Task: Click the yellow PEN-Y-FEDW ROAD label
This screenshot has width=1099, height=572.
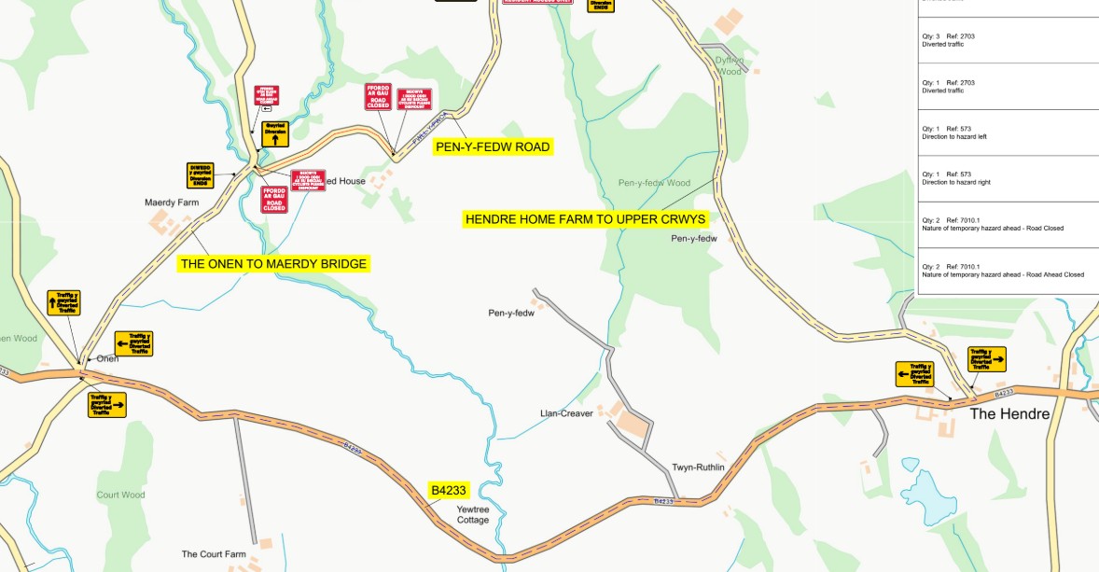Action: tap(493, 147)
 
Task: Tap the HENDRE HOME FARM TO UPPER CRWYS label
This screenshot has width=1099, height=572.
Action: tap(586, 218)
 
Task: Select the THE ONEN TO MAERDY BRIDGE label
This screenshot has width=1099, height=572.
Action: tap(273, 264)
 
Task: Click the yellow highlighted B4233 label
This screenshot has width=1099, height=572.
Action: tap(448, 490)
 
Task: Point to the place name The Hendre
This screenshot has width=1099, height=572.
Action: tap(1009, 413)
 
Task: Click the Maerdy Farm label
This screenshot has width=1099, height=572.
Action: tap(172, 202)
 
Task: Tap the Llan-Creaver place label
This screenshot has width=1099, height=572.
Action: tap(566, 413)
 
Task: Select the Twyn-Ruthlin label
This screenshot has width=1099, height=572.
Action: tap(698, 467)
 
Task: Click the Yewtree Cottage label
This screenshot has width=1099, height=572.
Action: tap(473, 514)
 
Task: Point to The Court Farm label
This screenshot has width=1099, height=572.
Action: tap(214, 554)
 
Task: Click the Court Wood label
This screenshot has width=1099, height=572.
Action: tap(120, 495)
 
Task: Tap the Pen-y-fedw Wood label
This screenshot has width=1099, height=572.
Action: tap(654, 183)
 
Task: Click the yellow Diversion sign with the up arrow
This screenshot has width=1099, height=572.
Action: tap(275, 133)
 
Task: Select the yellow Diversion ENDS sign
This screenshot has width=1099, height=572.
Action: tap(201, 174)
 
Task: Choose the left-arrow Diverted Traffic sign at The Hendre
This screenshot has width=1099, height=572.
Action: tap(914, 374)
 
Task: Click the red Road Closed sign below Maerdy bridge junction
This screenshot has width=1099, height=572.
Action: tap(274, 199)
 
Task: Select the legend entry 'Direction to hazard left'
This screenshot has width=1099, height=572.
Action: tap(953, 137)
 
